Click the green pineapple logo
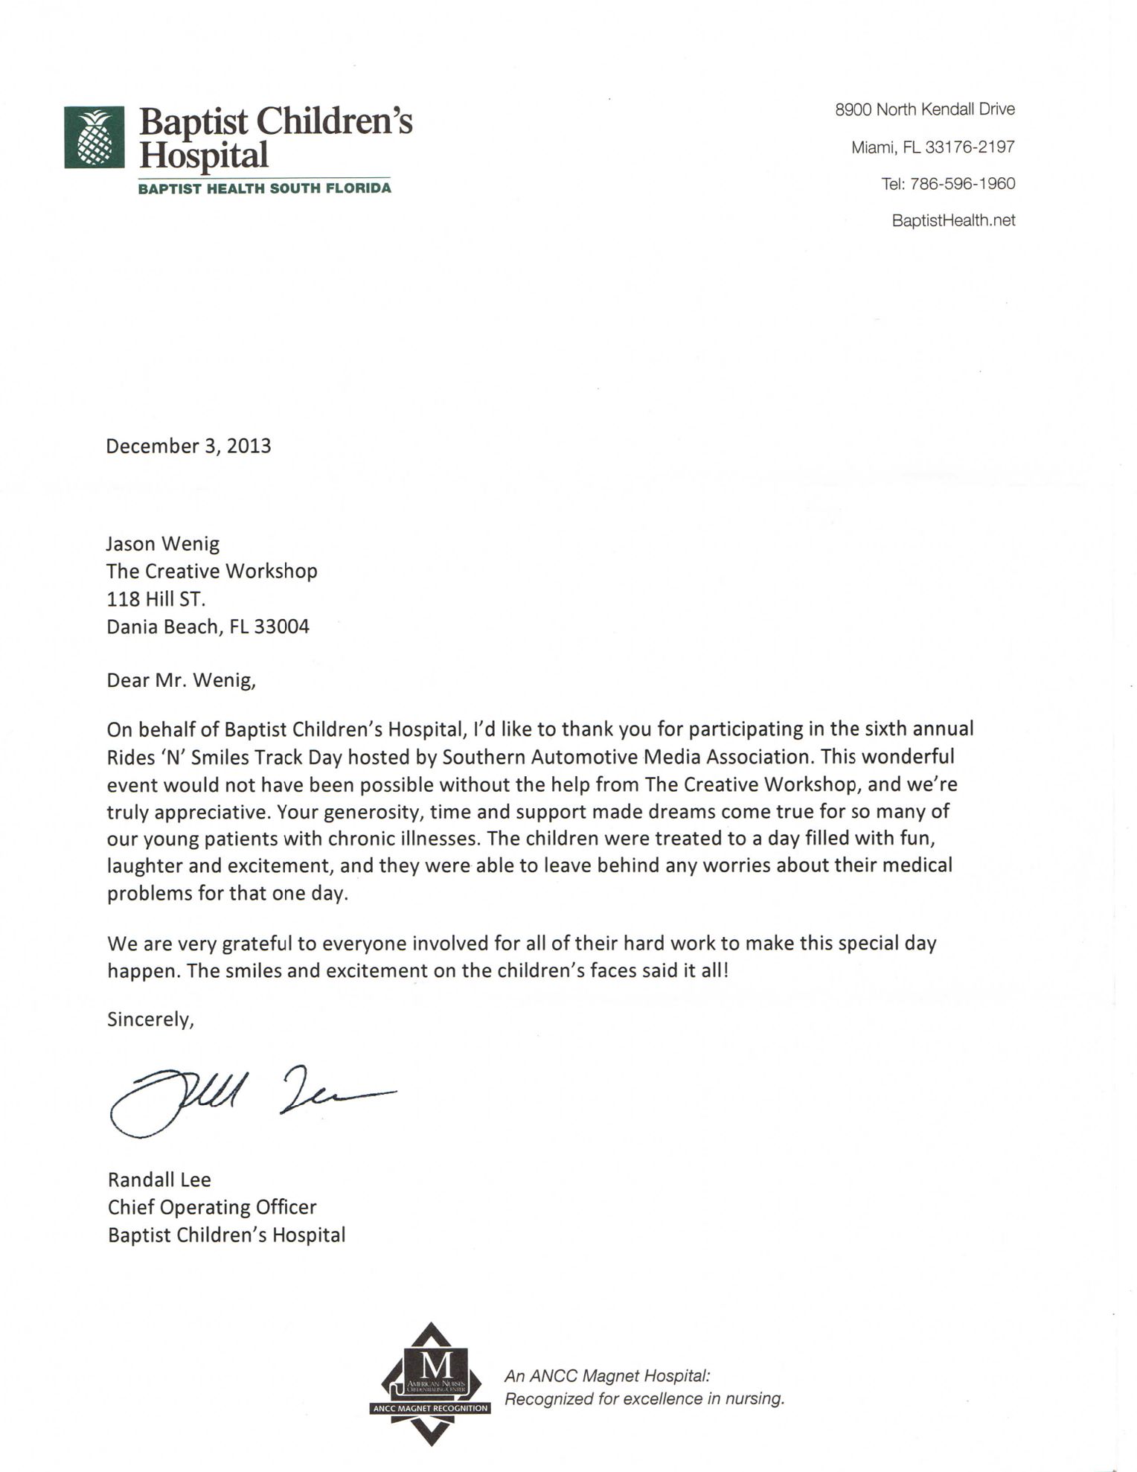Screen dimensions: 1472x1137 coord(94,138)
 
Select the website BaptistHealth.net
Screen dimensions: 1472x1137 coord(953,220)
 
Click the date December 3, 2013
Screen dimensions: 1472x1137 coord(188,446)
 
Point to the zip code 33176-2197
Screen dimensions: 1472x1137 coord(970,147)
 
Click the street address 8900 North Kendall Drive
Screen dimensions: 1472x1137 coord(925,109)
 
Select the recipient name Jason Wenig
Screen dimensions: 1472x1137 coord(163,544)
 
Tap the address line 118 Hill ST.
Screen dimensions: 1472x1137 coord(156,599)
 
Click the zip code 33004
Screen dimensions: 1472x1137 coord(281,627)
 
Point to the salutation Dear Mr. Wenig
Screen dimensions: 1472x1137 coord(181,680)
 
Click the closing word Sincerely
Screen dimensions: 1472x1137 coord(150,1019)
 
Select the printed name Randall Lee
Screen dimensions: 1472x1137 coord(159,1180)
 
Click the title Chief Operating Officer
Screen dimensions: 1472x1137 coord(212,1207)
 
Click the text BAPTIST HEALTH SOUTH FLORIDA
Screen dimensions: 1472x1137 coord(264,188)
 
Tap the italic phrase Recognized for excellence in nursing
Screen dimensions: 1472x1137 coord(644,1399)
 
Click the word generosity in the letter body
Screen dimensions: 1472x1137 coord(368,811)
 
